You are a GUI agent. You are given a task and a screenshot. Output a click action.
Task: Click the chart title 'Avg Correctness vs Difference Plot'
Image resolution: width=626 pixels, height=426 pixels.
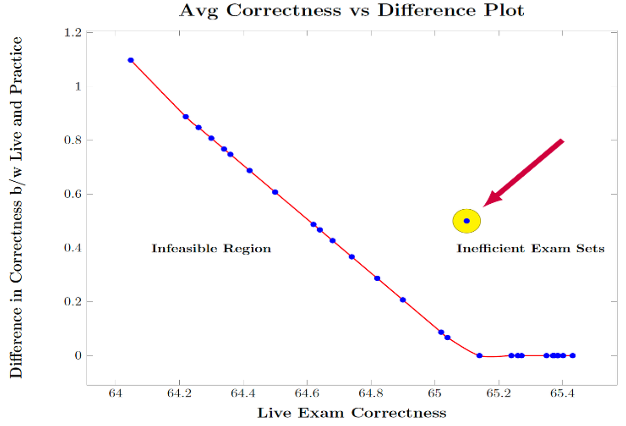352,10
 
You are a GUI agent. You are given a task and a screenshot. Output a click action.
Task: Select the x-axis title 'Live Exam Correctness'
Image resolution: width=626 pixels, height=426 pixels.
352,413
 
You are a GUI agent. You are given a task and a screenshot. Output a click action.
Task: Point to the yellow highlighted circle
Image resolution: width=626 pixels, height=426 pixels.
467,221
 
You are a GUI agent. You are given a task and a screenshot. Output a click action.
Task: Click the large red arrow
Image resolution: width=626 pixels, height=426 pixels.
526,172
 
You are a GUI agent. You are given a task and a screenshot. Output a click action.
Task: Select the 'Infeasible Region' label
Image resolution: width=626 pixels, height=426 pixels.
211,248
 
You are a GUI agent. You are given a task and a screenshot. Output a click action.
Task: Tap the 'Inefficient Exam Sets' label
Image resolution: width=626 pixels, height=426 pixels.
530,248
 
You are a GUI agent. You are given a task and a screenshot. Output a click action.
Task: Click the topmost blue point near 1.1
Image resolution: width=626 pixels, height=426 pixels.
131,60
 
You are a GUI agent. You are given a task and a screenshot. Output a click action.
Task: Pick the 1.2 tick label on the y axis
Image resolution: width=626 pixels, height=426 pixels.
72,33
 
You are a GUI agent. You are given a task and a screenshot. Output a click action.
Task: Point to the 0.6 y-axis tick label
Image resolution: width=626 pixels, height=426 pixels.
72,194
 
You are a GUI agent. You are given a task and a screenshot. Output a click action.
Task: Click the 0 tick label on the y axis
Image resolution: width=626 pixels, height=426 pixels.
78,355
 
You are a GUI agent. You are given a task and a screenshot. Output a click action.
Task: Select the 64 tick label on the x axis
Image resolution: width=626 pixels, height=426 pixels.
115,393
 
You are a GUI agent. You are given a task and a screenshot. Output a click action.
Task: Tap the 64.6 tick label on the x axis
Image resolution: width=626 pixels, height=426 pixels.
307,393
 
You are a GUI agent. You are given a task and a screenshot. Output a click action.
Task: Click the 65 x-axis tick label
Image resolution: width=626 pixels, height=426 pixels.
434,393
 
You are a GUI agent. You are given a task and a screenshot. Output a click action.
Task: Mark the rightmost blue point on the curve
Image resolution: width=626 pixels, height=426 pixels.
573,355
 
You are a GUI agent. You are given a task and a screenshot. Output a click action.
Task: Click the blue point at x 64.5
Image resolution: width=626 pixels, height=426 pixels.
275,192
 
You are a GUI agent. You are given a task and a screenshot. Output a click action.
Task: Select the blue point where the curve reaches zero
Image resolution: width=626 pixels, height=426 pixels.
479,355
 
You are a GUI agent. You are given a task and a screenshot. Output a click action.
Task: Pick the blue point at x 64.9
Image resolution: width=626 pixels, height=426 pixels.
403,300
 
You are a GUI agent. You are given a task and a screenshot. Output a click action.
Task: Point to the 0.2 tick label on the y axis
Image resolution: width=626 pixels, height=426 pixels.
72,302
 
